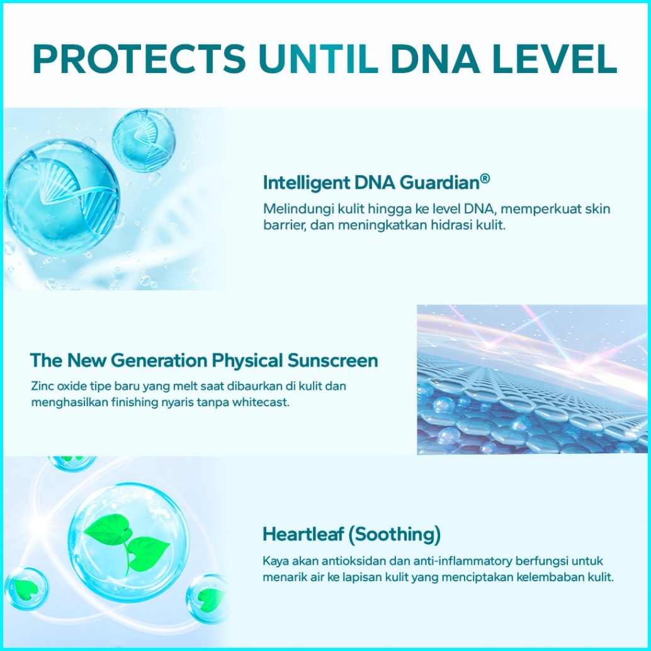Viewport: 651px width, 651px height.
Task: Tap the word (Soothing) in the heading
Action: click(394, 535)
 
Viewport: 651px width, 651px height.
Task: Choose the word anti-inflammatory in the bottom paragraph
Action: click(463, 562)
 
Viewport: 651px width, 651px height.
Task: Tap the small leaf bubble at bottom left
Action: click(26, 589)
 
